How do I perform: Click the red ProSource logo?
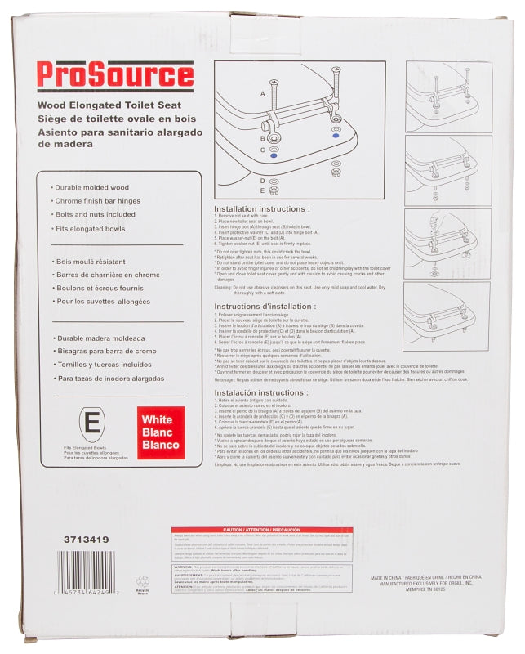[114, 75]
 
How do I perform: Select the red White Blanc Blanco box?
[161, 432]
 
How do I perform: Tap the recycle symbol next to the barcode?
[142, 584]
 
